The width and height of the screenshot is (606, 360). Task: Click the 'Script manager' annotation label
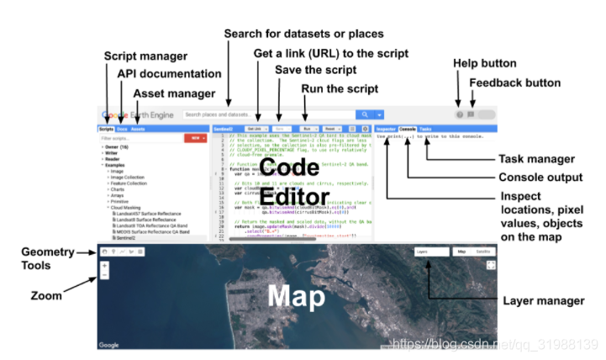(x=145, y=56)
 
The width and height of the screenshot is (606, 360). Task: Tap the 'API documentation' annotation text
(x=169, y=74)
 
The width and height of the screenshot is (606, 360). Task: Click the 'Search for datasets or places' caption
(x=303, y=34)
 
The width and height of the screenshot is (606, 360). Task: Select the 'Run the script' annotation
(x=340, y=88)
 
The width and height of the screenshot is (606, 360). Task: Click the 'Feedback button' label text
(x=514, y=83)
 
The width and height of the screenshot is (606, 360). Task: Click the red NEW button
(x=197, y=138)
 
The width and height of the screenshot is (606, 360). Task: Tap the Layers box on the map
(x=430, y=251)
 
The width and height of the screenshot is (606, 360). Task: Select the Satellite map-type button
(x=484, y=251)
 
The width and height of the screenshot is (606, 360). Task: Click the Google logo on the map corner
(x=108, y=345)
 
